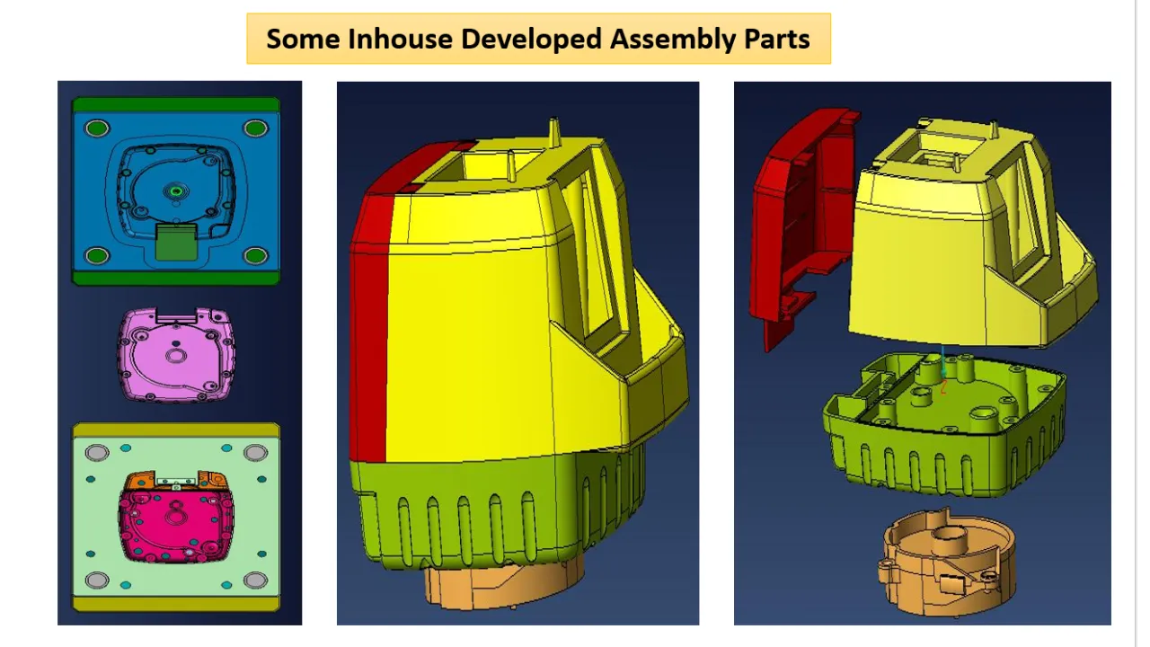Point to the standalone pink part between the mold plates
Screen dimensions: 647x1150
click(176, 354)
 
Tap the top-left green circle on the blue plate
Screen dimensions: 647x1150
click(97, 129)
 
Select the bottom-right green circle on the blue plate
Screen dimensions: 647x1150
click(255, 256)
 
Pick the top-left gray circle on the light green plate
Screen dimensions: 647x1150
click(97, 451)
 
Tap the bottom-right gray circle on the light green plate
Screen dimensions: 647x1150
click(255, 580)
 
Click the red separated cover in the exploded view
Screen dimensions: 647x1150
click(796, 225)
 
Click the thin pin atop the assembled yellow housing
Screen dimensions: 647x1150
click(554, 130)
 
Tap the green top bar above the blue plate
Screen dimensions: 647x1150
click(176, 104)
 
